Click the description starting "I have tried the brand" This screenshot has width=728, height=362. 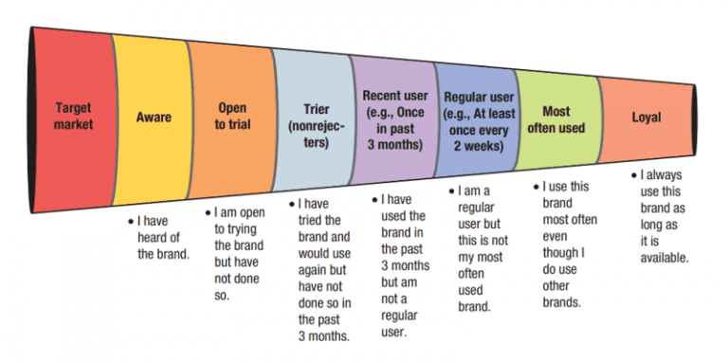(321, 269)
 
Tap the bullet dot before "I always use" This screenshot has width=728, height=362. (634, 176)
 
